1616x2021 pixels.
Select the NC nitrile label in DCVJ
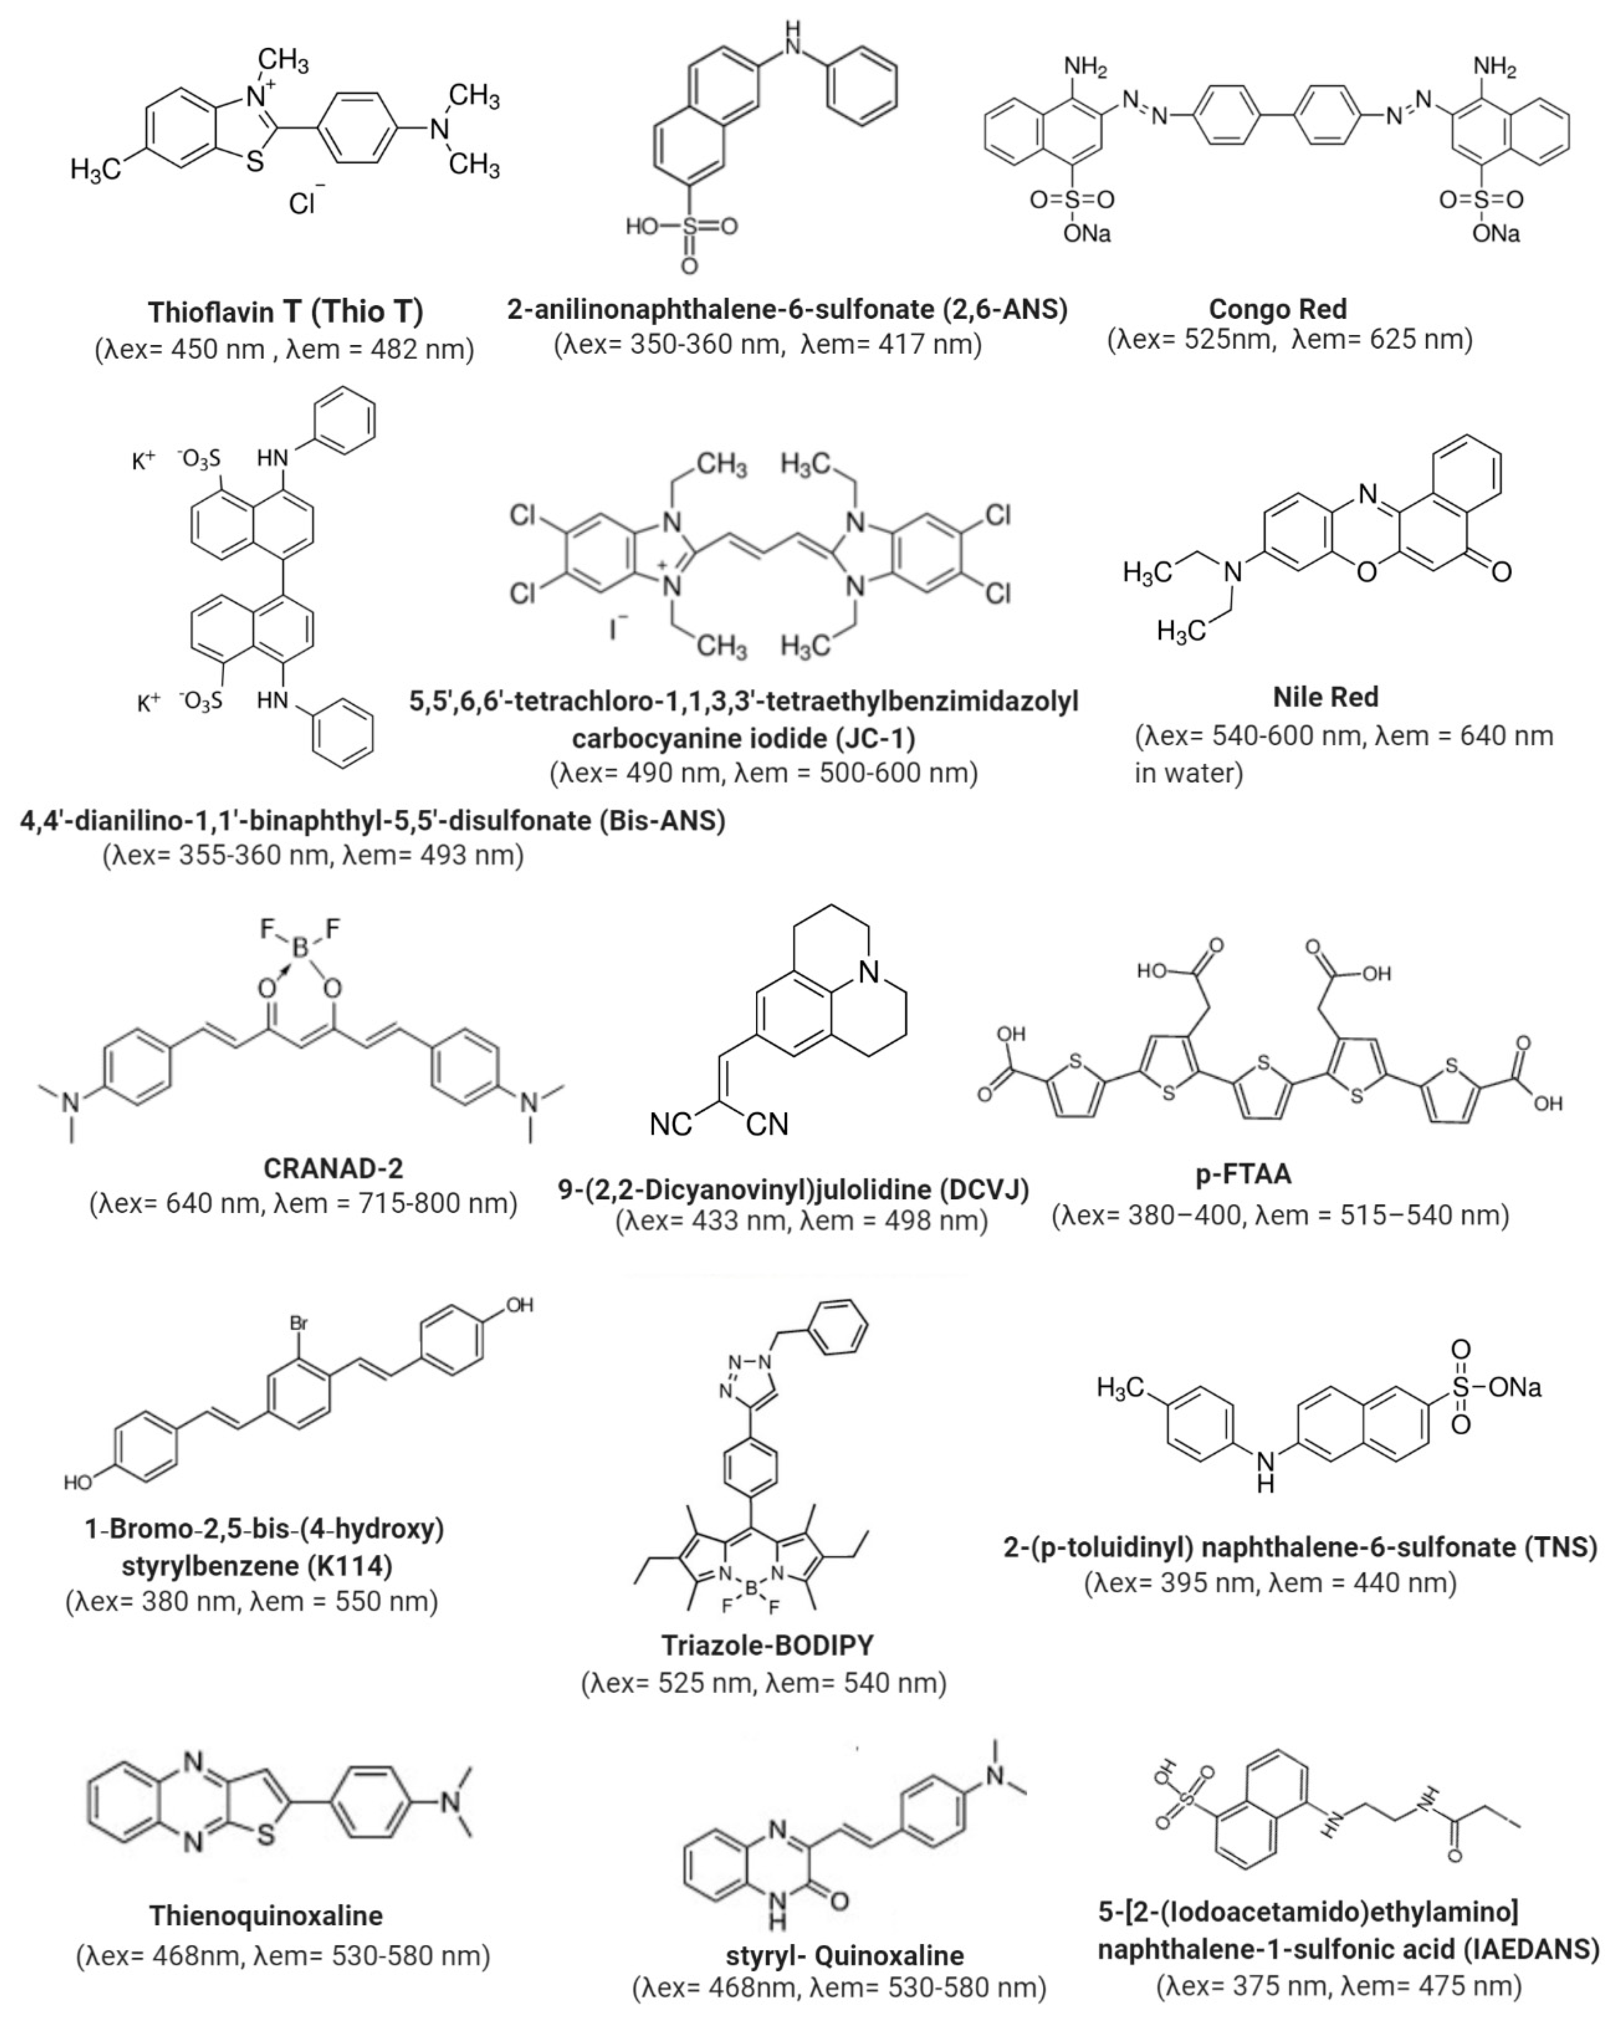(x=671, y=1124)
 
